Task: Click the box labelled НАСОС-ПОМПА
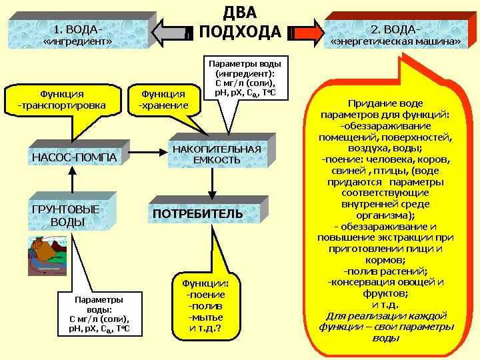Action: (74, 157)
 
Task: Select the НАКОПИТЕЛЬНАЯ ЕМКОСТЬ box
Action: (217, 154)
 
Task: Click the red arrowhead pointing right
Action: (306, 31)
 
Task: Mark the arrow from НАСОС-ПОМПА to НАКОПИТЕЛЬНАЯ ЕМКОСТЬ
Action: (147, 153)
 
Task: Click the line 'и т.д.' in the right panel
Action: (386, 304)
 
